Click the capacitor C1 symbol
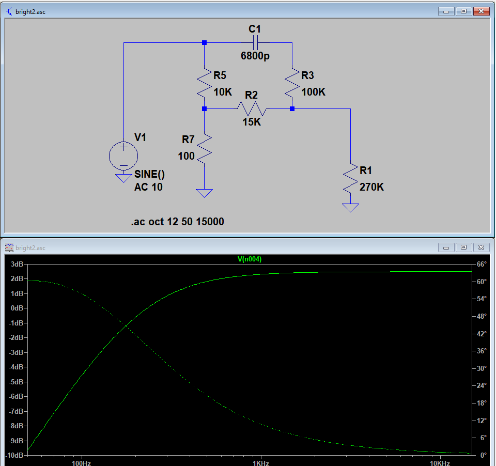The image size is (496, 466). [x=255, y=42]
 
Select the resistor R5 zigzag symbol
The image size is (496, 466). [x=205, y=83]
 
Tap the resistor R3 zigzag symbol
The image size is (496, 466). [x=292, y=83]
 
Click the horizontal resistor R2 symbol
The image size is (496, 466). [x=251, y=109]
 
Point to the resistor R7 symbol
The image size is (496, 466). [x=205, y=148]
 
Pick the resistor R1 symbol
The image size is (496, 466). [x=351, y=178]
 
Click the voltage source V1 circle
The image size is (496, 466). [x=123, y=156]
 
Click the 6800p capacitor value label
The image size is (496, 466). [x=255, y=56]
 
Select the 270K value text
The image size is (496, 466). [x=371, y=187]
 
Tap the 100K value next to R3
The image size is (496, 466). [x=314, y=92]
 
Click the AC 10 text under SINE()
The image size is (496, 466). [x=148, y=187]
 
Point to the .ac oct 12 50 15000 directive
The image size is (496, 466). [x=177, y=222]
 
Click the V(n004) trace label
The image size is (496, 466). [x=250, y=259]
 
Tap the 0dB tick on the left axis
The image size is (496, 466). [x=17, y=308]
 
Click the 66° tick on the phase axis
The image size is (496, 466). [x=482, y=264]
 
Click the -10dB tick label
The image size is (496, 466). [x=14, y=455]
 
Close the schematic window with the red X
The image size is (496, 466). [x=481, y=11]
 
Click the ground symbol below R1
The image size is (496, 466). [x=351, y=208]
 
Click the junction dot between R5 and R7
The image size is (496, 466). [x=205, y=109]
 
